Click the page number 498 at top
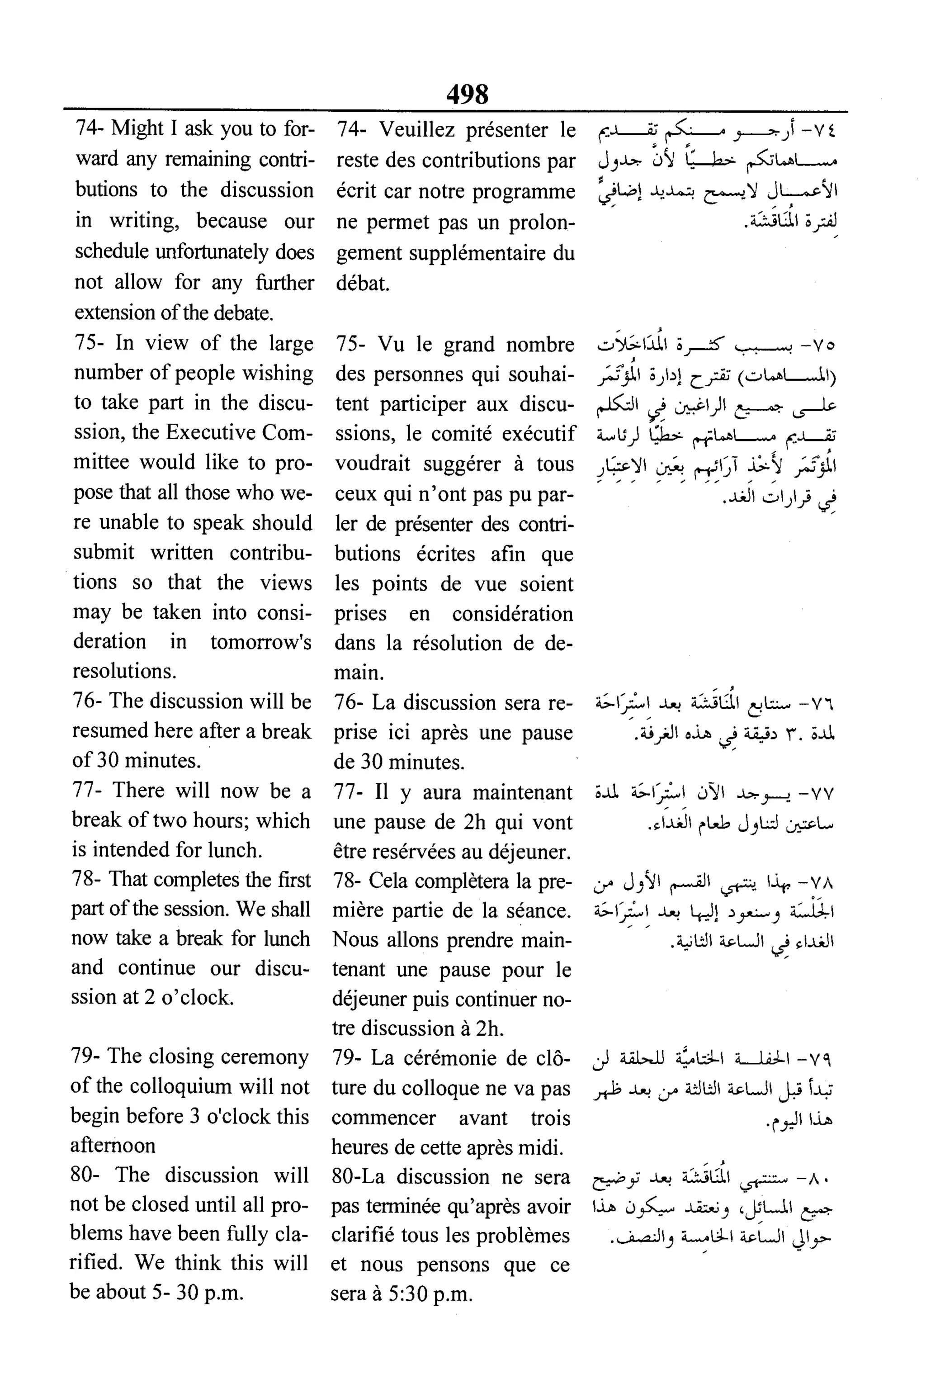(x=467, y=93)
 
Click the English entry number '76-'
(x=87, y=701)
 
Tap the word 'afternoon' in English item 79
(x=113, y=1146)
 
